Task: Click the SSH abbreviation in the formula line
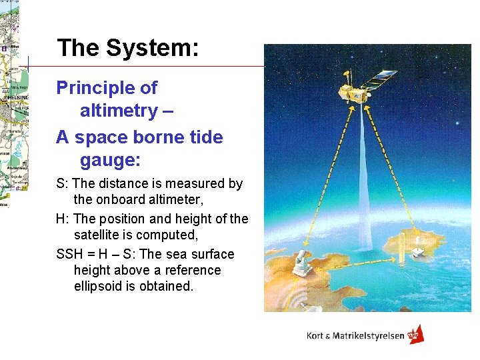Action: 70,254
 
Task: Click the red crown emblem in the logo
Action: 415,335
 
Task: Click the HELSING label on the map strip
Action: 13,96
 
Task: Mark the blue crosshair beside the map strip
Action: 29,64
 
